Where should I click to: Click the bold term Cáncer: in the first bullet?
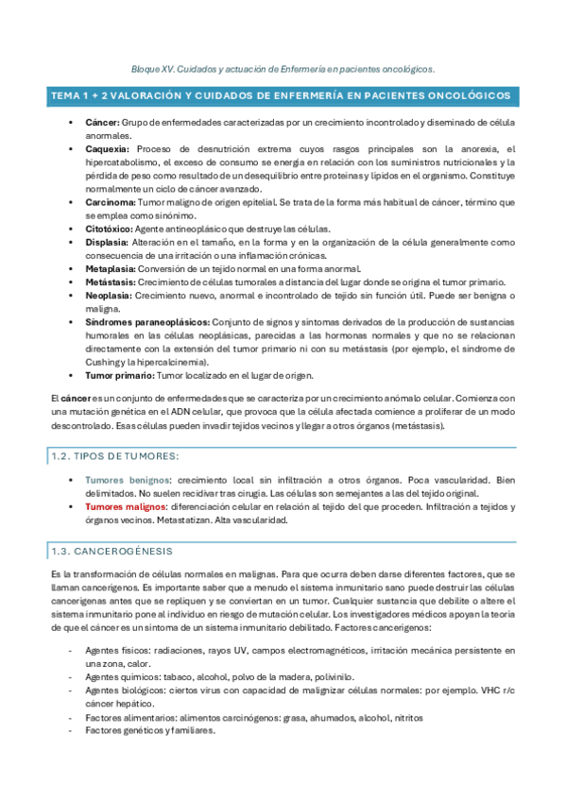(100, 124)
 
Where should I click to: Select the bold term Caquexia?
(105, 149)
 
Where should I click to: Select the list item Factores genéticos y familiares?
(149, 730)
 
